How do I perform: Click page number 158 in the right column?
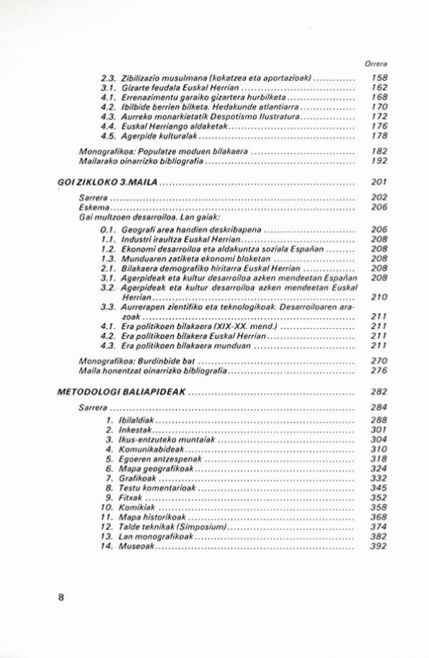click(379, 78)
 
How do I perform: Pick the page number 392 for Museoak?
click(379, 546)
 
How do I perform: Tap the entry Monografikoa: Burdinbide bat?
click(136, 361)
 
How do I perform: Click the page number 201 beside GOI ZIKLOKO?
click(379, 182)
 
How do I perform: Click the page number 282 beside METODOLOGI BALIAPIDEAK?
click(379, 392)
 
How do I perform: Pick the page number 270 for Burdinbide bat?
click(379, 361)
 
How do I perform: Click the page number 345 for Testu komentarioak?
click(379, 486)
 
